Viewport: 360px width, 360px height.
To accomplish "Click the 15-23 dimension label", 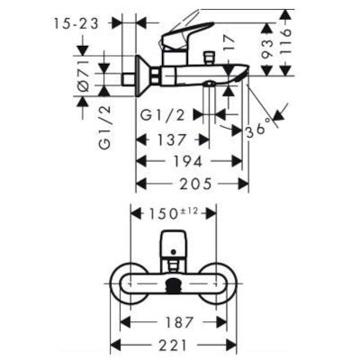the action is coord(76,23).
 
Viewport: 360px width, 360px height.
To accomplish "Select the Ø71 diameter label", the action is coord(83,76).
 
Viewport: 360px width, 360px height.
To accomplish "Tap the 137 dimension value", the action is coord(172,139).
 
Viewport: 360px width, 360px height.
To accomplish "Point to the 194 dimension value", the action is coord(188,162).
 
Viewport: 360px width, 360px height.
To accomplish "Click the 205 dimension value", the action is coord(195,184).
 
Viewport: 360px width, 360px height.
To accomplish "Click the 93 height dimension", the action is coord(268,49).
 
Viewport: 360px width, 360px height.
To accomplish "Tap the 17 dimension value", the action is coord(228,43).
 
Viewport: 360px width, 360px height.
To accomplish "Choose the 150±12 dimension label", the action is coord(174,213).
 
